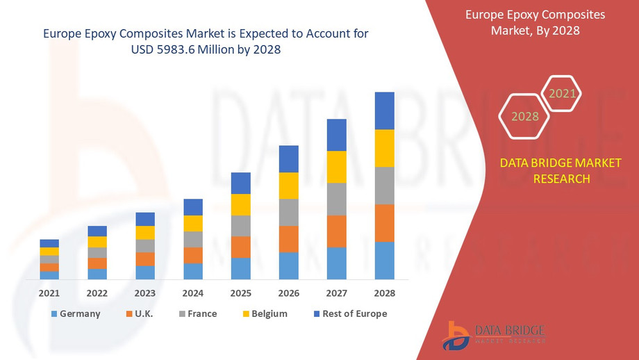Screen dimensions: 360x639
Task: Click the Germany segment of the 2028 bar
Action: (384, 261)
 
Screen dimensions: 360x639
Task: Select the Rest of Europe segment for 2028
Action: (384, 111)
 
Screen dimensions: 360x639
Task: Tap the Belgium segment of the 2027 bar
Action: (336, 167)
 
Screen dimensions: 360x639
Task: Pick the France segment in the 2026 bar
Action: (289, 213)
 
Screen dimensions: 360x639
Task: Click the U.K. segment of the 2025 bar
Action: (240, 247)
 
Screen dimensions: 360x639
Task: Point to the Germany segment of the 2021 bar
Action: (49, 275)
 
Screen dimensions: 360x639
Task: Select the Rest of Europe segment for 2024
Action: (193, 207)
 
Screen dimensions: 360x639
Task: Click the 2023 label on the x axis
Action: (145, 293)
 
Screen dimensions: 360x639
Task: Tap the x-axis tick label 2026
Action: (289, 293)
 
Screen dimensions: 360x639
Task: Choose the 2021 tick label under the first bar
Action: (49, 293)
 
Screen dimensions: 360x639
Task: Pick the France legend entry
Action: (197, 314)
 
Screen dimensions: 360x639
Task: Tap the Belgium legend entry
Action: (263, 314)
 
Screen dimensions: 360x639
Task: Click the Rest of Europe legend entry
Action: (349, 314)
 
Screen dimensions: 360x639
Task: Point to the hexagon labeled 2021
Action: (561, 93)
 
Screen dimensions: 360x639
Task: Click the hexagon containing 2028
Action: (525, 116)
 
